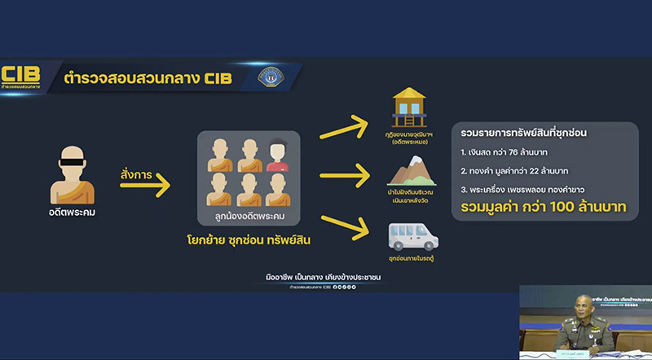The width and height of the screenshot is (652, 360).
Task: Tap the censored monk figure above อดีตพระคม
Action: [x=73, y=173]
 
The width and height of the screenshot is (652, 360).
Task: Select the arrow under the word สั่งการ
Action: [x=146, y=187]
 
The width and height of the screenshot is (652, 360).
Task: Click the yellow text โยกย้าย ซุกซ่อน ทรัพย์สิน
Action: [x=249, y=243]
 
